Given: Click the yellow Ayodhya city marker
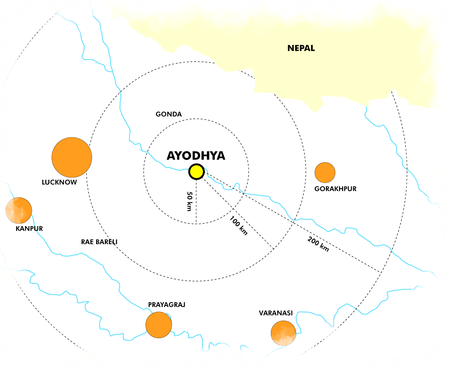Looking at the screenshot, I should (196, 172).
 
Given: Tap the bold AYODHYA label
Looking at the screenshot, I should (196, 156).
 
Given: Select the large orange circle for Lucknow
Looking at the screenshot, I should (72, 157).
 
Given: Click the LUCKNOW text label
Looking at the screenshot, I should (59, 182).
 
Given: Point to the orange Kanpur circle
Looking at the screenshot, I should (19, 210).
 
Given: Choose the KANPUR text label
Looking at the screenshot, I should (29, 228).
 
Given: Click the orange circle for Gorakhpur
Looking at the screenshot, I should (325, 173).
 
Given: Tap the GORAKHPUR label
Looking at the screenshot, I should (335, 189).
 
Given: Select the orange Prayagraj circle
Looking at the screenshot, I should (159, 325).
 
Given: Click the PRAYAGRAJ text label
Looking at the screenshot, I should (167, 305).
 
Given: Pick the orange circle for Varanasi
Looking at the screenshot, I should (283, 333).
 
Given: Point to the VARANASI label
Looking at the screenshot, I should (275, 313).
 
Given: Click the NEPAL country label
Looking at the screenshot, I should (301, 48).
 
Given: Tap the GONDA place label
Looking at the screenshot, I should (169, 114).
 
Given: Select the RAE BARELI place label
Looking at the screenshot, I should (99, 242).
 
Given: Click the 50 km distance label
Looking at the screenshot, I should (190, 201).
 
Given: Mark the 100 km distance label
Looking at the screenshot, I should (239, 225).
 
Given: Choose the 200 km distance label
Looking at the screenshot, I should (318, 244).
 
